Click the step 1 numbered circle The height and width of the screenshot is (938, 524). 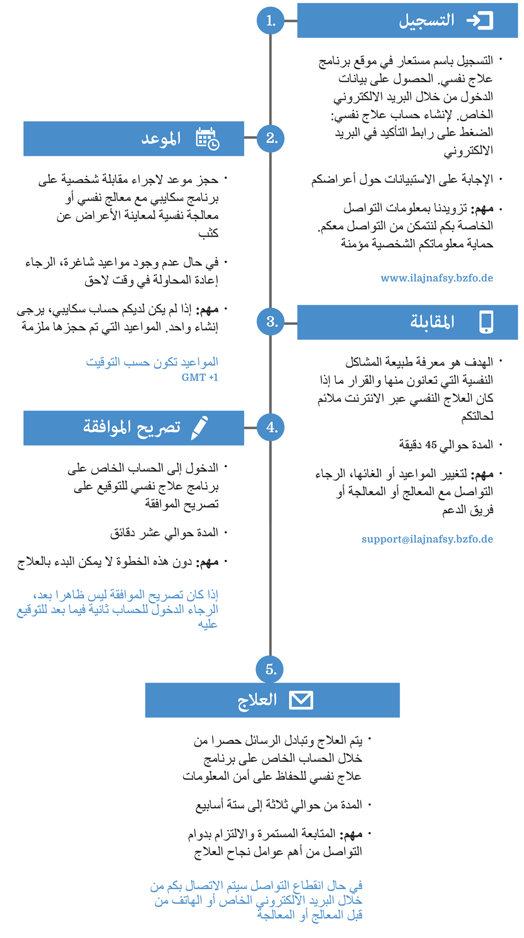click(270, 20)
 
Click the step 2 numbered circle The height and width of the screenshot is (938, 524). click(270, 138)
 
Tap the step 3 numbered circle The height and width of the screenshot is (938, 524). click(270, 322)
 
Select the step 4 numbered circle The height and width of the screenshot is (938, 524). click(270, 427)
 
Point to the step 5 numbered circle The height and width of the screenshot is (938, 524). click(270, 669)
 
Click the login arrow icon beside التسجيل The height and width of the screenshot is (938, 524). click(480, 20)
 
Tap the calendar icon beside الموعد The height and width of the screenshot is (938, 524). click(207, 139)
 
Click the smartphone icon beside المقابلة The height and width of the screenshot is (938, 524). click(486, 322)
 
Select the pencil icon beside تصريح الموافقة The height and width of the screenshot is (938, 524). click(200, 427)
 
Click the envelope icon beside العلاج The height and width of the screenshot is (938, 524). click(301, 700)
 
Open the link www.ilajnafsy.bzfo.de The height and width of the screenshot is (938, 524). click(437, 278)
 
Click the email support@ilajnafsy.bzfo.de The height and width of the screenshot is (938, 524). click(427, 539)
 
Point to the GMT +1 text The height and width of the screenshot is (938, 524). click(200, 377)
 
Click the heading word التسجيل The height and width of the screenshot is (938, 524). click(427, 20)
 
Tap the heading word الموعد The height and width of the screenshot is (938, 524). click(161, 139)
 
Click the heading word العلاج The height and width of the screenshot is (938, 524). click(257, 700)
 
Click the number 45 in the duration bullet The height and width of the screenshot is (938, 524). click(431, 445)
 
